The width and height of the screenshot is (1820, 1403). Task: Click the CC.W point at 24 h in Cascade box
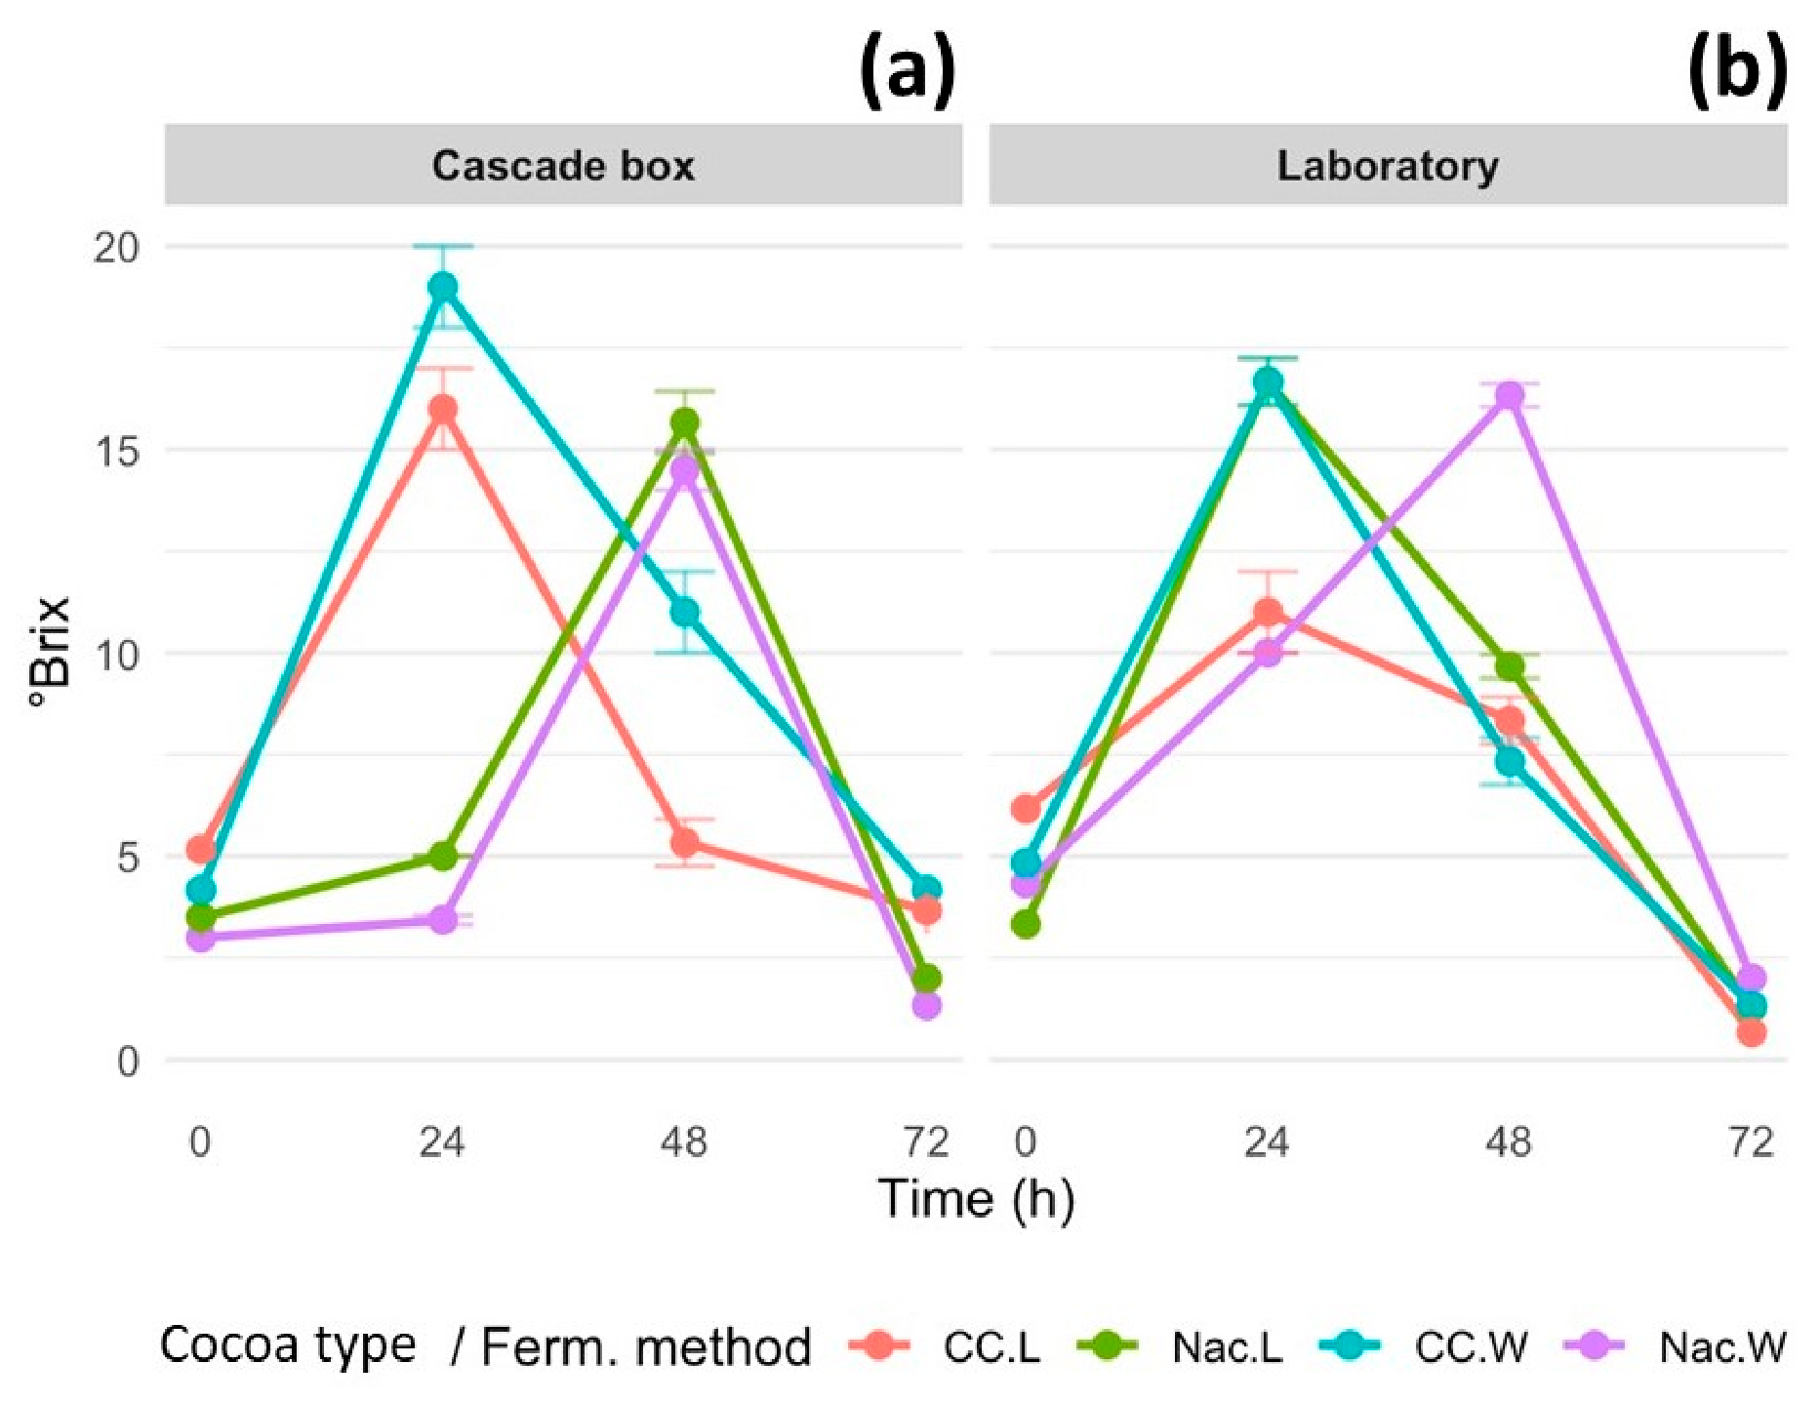coord(443,287)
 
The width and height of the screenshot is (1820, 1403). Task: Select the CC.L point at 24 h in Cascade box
coord(443,409)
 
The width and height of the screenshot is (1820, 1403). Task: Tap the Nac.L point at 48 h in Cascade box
coord(684,422)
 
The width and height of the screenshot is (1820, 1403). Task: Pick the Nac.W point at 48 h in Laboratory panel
coord(1510,396)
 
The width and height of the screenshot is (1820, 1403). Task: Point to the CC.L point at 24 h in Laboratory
coord(1268,613)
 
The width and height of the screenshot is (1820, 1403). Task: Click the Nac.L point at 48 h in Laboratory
coord(1510,667)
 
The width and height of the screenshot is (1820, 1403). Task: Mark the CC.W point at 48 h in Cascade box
coord(684,613)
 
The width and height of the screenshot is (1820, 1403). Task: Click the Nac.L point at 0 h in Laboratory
coord(1026,924)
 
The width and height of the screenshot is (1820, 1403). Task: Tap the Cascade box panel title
coord(563,166)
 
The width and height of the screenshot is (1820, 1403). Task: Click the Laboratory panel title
coord(1388,167)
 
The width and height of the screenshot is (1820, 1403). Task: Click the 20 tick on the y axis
coord(116,247)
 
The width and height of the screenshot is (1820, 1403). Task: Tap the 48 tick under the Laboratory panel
coord(1509,1141)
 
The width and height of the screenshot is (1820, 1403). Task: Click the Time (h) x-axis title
coord(976,1199)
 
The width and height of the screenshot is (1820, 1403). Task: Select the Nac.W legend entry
coord(1675,1346)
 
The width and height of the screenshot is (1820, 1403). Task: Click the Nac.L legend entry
coord(1180,1346)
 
